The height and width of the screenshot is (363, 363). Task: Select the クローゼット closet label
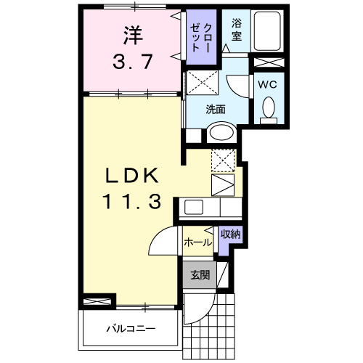click(x=199, y=35)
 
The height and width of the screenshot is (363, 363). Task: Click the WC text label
click(x=268, y=83)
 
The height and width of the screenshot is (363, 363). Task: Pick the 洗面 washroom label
click(x=216, y=110)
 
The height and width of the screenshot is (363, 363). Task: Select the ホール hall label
click(x=197, y=242)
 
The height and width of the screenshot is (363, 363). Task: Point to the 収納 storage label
click(x=230, y=234)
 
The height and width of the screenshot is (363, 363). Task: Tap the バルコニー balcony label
click(x=131, y=328)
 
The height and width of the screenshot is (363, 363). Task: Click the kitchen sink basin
click(x=194, y=207)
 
